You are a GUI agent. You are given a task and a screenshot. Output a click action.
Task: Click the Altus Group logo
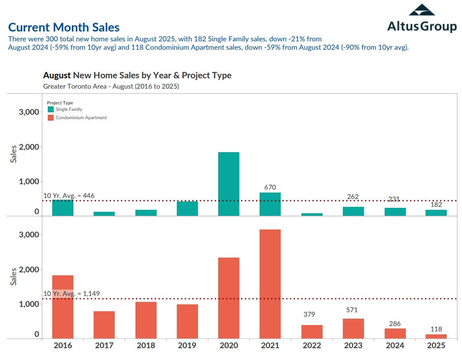(x=422, y=18)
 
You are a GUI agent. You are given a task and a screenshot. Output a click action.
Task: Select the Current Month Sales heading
(x=64, y=28)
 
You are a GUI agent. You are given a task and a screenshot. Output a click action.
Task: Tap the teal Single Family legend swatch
(x=50, y=109)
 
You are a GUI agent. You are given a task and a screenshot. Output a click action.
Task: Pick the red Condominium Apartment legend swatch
(x=50, y=118)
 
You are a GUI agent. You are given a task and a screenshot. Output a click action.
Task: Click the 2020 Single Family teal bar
(x=229, y=184)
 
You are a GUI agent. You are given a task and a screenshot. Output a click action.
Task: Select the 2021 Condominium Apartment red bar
(x=270, y=284)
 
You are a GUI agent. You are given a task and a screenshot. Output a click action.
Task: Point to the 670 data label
(x=270, y=187)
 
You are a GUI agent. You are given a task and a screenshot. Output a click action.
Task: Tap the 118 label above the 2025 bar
(x=436, y=329)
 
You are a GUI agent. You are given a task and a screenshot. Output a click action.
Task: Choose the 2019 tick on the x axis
(x=187, y=345)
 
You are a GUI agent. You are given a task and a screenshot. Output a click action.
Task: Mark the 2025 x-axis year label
(x=436, y=345)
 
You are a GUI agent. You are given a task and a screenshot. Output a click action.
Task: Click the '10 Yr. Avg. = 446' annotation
(x=69, y=196)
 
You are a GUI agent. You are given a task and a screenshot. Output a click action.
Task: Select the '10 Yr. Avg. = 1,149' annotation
(x=71, y=294)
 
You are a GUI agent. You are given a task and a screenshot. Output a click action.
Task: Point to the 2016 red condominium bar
(x=63, y=307)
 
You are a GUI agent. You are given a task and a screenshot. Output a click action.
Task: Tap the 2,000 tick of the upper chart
(x=29, y=147)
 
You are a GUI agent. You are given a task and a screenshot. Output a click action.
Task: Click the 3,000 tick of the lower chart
(x=29, y=235)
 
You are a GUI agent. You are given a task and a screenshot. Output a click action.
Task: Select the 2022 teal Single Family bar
(x=312, y=214)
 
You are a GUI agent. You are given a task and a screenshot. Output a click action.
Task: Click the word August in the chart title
(x=57, y=75)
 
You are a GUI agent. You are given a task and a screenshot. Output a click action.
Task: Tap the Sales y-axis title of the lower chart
(x=14, y=276)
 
